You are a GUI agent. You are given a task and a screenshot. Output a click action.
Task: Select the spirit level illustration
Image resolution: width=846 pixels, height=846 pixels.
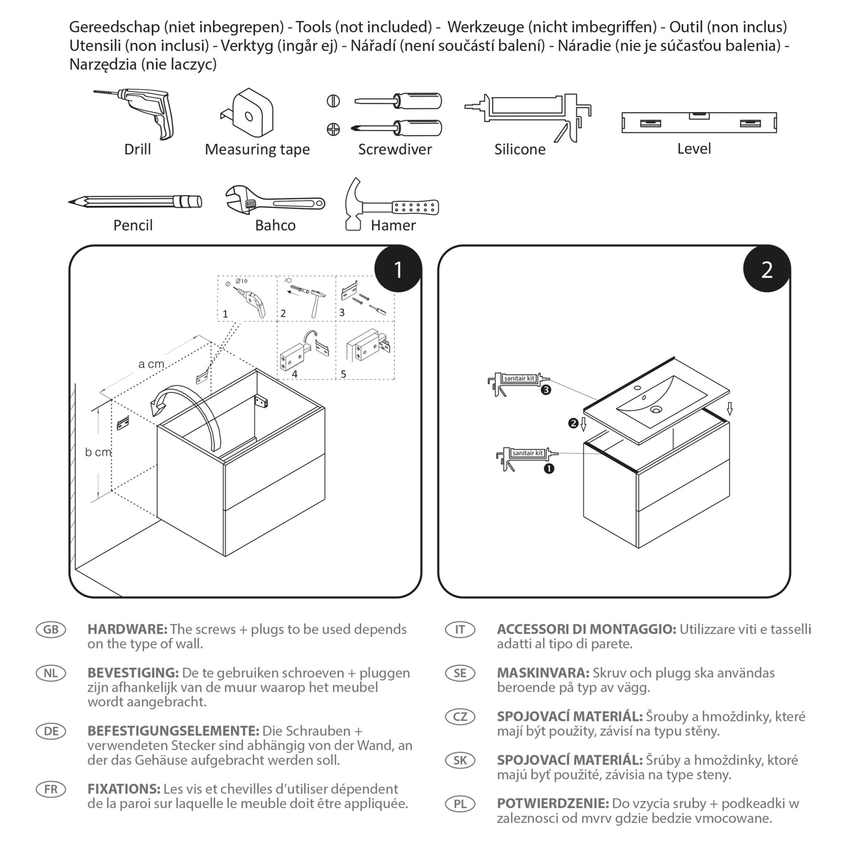(x=699, y=122)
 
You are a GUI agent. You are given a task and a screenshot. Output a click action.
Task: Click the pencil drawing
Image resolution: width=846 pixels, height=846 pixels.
(x=135, y=202)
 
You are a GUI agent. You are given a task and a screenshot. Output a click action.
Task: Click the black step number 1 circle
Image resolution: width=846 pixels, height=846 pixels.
(x=398, y=269)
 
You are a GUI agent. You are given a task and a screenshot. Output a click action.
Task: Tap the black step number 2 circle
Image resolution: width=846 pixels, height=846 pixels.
(x=766, y=269)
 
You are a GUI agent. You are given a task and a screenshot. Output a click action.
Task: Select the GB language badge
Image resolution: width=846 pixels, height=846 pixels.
(x=51, y=629)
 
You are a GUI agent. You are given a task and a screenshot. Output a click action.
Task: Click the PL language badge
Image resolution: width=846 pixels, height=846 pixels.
(x=460, y=803)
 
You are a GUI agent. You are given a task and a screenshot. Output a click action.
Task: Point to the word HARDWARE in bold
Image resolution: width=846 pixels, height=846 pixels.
(x=127, y=629)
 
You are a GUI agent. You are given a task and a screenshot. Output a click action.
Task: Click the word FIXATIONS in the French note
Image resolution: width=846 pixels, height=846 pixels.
(x=124, y=789)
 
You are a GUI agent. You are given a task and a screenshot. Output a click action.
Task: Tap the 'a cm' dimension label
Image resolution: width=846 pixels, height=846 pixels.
(x=151, y=364)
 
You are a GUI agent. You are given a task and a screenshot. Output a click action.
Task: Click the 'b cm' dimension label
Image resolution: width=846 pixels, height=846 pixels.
(x=98, y=452)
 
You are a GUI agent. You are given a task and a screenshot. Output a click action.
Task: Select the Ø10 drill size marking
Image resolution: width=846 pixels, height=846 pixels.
(x=241, y=281)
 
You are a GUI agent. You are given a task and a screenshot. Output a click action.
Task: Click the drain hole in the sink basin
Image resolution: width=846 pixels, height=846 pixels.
(x=656, y=409)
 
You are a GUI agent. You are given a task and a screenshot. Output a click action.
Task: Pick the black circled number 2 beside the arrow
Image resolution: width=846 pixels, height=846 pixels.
(x=573, y=423)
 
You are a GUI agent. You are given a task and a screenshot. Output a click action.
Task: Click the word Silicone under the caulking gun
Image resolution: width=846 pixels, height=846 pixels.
(x=520, y=149)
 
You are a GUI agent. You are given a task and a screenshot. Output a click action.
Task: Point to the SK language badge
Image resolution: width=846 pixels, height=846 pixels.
(x=460, y=760)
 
